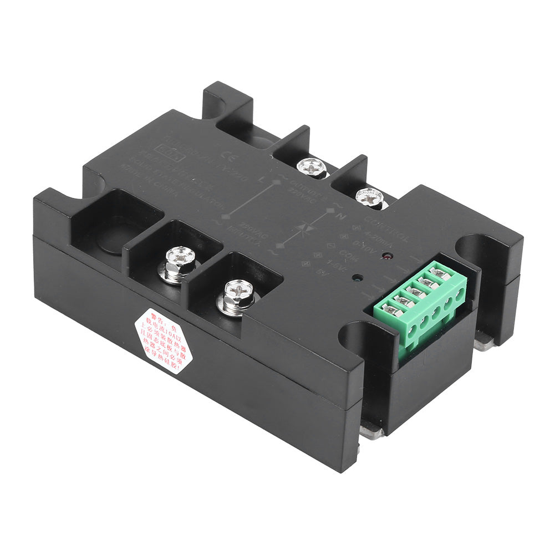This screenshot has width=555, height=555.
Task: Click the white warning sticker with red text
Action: (x=164, y=340)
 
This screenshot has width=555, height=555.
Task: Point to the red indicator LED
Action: (x=385, y=258)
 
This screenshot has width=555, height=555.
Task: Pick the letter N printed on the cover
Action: (x=342, y=217)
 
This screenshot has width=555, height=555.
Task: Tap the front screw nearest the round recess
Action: (x=179, y=261)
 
